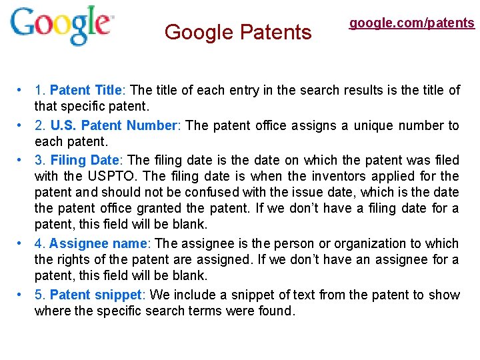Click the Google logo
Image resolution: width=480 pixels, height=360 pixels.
click(x=61, y=26)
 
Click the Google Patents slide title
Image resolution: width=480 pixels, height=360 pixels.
click(x=238, y=32)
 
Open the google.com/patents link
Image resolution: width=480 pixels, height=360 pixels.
click(x=412, y=23)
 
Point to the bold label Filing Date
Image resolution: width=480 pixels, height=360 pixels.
click(x=85, y=160)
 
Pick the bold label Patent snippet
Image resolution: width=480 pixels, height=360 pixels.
click(x=96, y=295)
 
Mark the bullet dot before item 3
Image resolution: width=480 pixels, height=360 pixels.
click(x=21, y=160)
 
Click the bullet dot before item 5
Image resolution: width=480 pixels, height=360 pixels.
click(x=21, y=295)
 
